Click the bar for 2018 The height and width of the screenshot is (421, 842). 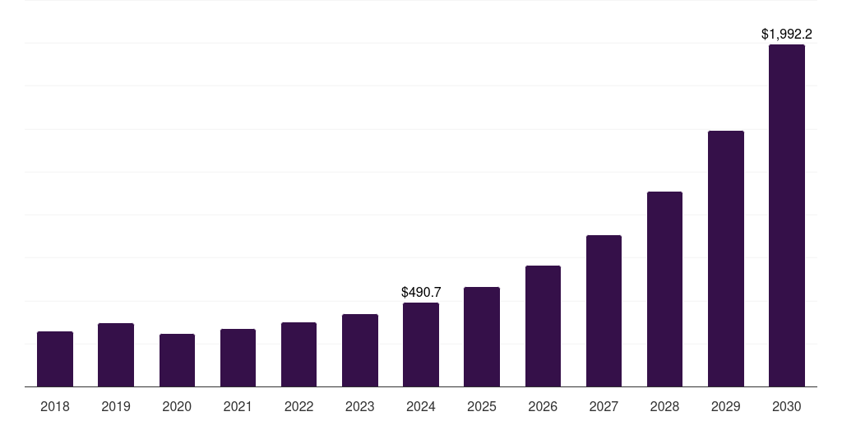click(55, 359)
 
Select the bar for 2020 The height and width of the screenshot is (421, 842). click(177, 360)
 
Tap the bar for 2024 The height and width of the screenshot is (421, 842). click(421, 345)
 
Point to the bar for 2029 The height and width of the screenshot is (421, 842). click(726, 259)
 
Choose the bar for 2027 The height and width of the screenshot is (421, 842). click(604, 311)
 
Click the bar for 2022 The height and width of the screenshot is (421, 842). click(298, 354)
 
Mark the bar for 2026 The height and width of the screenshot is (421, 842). click(543, 326)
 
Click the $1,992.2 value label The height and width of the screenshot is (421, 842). click(787, 34)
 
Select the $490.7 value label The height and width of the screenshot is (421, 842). click(421, 292)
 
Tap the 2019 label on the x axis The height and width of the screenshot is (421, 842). click(116, 406)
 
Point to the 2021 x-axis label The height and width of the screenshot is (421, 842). click(238, 406)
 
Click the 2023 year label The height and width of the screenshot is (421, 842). click(360, 406)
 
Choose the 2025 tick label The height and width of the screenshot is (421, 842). click(482, 406)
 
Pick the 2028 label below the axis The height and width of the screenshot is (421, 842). click(664, 406)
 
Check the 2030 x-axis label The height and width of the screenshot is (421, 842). click(787, 406)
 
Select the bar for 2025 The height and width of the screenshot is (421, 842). click(482, 336)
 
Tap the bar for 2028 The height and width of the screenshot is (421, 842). click(664, 289)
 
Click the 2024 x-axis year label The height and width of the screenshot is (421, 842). click(421, 406)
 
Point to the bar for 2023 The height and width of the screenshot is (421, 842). click(360, 350)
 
